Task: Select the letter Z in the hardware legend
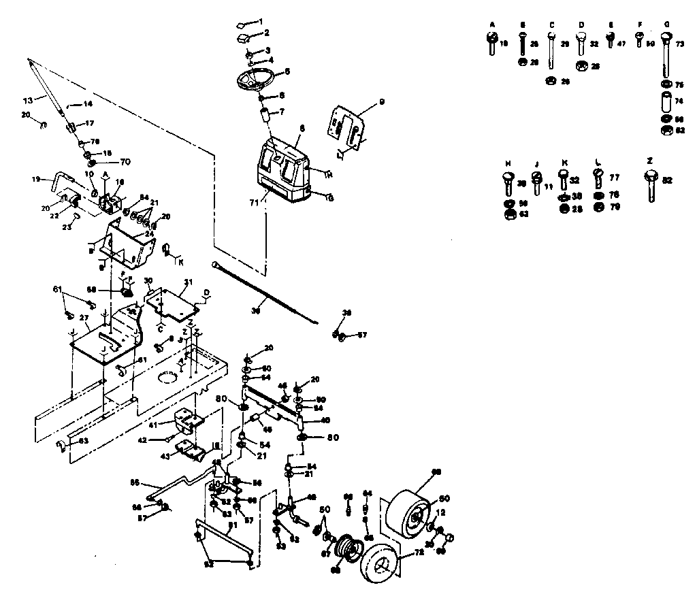coord(650,161)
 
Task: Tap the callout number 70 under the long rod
coord(125,162)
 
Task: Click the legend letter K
coord(564,163)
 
